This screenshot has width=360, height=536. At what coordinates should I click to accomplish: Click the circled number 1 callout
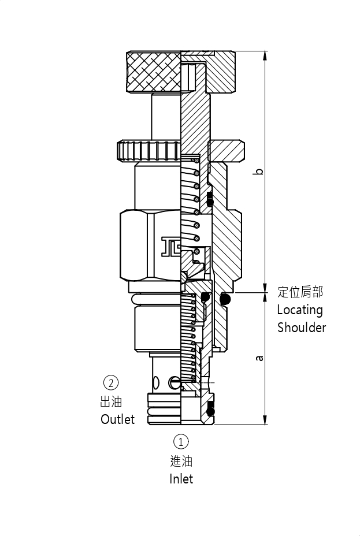(181, 442)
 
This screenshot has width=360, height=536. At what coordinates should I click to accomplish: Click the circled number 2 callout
(110, 382)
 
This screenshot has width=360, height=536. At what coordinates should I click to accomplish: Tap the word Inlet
(181, 479)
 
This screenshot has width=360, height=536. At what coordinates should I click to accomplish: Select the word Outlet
(117, 419)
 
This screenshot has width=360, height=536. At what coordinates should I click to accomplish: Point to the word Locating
(299, 310)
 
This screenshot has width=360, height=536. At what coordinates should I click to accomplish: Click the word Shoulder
(301, 327)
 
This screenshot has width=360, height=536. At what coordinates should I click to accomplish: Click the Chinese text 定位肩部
(300, 292)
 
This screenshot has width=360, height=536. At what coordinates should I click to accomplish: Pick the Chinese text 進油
(181, 461)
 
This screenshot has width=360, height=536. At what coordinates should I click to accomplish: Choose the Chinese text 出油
(110, 401)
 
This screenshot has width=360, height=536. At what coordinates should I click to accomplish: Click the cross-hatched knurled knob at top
(154, 72)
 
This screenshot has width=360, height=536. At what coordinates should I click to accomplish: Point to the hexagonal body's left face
(133, 246)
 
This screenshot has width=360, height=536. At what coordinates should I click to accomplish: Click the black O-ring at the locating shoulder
(225, 299)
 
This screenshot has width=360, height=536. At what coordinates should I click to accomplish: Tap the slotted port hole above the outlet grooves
(176, 382)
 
